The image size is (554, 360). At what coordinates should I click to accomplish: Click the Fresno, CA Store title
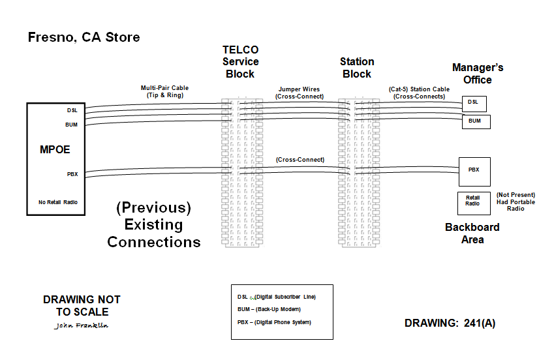pos(84,37)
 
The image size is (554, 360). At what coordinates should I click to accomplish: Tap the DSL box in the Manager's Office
pos(474,102)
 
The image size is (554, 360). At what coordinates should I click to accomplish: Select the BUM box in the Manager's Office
pos(475,121)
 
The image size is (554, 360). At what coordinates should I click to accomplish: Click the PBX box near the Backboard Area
pos(474,171)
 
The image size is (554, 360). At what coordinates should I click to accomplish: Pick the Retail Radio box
pos(473,202)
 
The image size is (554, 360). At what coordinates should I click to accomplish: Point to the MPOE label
pos(54,150)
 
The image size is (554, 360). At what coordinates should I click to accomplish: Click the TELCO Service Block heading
pos(240,61)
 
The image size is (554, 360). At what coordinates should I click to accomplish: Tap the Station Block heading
pos(357,68)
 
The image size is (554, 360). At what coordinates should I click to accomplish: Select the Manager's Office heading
pos(478,73)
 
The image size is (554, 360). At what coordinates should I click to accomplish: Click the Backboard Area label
pos(472,233)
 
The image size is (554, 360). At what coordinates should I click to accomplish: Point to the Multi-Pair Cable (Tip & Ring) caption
pos(165,91)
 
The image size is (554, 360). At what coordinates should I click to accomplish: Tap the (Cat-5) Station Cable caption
pos(419,93)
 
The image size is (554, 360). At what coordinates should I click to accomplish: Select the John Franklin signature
pos(82,325)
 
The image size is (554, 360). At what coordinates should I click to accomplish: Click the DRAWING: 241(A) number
pos(450,323)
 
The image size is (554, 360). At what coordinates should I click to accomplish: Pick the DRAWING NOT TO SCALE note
pos(82,305)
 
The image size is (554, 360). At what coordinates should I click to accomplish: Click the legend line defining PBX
pos(274,323)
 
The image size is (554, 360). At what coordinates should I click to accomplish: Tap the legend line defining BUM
pos(268,309)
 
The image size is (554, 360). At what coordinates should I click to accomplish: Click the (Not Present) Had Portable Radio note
pos(516,202)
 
